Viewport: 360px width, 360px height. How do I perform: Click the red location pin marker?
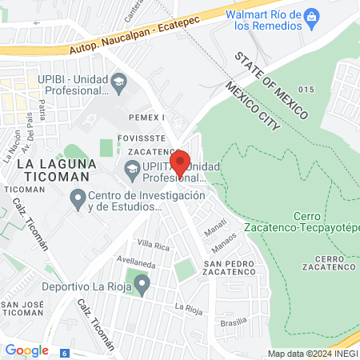coord(180,162)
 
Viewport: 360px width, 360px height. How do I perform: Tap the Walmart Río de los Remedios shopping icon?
coord(313,15)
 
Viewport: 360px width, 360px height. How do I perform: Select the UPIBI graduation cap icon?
coord(118,81)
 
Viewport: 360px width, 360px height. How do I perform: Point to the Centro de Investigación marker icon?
coord(78,197)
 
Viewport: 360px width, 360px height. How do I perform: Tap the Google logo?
coord(27,350)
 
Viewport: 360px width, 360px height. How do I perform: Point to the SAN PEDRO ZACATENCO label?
coord(230,270)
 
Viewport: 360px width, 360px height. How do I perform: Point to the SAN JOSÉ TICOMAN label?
coord(22,310)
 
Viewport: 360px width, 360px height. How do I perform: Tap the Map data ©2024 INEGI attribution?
coord(311,354)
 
